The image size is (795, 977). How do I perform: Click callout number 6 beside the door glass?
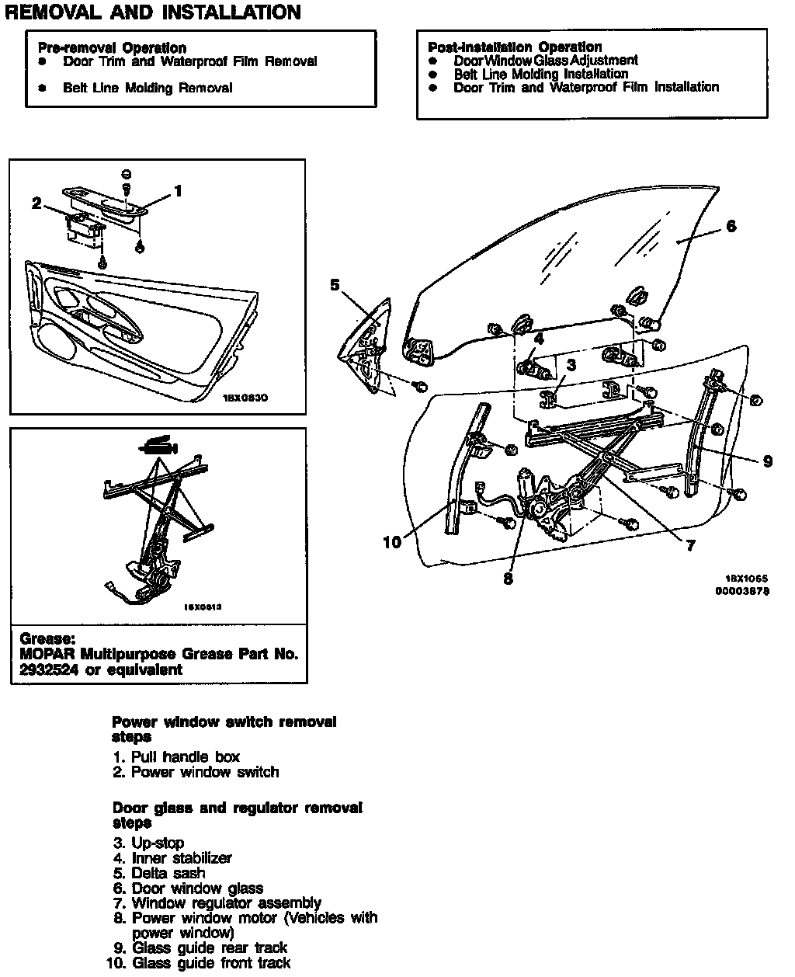coord(731,226)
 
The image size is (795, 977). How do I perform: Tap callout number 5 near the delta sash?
coord(335,285)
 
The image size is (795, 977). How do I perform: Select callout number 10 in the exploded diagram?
coord(393,541)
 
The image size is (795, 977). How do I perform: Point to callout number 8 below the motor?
coord(508,579)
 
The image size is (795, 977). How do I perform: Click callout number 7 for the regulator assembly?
coord(690,546)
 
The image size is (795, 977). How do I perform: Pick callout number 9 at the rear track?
coord(768,461)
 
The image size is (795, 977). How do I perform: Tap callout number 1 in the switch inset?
coord(178,190)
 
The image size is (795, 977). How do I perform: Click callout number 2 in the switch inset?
coord(36,203)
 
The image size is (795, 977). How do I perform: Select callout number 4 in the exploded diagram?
coord(539,338)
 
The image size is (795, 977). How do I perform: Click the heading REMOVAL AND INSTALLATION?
coord(153,12)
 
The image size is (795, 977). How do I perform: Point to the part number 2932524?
coord(50,669)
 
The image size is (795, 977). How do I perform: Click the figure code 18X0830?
coord(245,398)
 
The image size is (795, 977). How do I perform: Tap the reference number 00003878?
coord(742,591)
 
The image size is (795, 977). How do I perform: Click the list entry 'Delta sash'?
coord(168,873)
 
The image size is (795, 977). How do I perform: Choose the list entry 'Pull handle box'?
coord(185,756)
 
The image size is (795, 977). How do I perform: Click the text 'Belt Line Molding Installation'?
coord(541,74)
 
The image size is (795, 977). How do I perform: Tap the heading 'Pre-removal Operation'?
coord(112,48)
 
